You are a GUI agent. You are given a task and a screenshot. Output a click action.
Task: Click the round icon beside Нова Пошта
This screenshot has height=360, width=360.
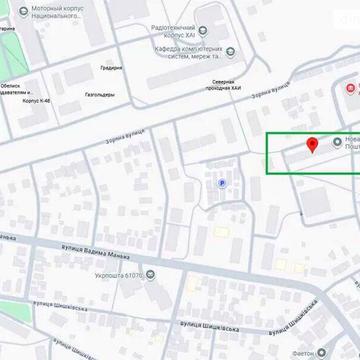(x=336, y=143)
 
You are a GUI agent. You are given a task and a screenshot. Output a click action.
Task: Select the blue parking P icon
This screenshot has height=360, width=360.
(x=221, y=183)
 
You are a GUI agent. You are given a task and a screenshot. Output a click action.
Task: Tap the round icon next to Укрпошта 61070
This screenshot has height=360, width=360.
(x=150, y=273)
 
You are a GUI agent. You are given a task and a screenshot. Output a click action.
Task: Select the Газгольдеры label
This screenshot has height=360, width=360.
(x=99, y=95)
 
